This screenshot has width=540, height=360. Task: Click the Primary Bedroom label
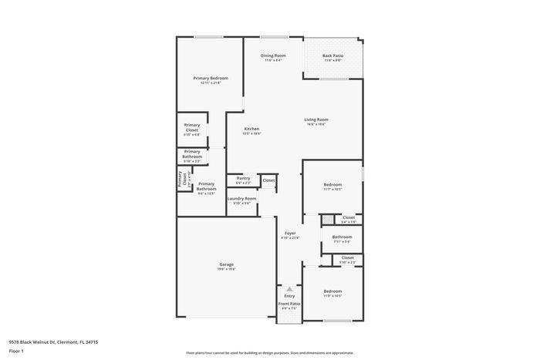point(210,78)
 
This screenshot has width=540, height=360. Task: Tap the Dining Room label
point(273,56)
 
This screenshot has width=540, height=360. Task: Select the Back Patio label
point(333,56)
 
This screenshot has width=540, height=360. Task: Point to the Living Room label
point(316,119)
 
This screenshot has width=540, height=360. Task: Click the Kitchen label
point(251,129)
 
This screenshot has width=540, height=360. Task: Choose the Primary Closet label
point(192,127)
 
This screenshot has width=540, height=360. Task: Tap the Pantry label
point(243,178)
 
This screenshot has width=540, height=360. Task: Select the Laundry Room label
point(241,198)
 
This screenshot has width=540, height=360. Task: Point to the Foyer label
point(290,233)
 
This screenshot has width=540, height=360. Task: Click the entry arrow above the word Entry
point(289,288)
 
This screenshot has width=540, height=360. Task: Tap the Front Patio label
point(289,304)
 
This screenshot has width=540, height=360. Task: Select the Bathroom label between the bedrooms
point(342,237)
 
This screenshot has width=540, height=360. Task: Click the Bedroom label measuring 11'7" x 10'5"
point(332,185)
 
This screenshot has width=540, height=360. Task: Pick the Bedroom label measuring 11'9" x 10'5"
point(332,291)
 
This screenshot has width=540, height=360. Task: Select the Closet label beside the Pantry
point(268,180)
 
